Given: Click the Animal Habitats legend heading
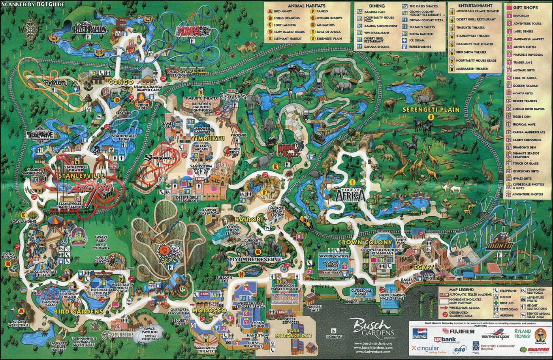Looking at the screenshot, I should pyautogui.click(x=307, y=6).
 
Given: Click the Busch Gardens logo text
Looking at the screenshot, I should pyautogui.click(x=370, y=327).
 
